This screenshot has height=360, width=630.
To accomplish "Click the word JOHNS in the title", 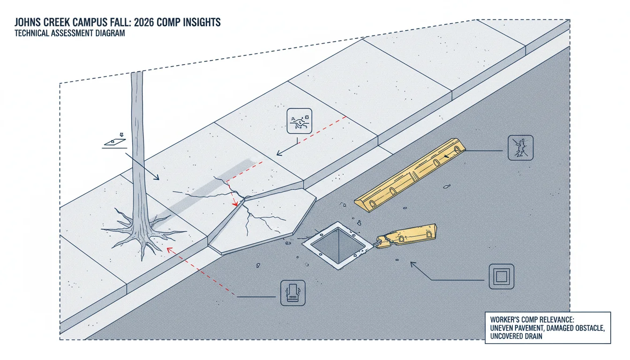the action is [x=29, y=22].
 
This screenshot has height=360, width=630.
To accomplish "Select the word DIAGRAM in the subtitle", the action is [x=110, y=33].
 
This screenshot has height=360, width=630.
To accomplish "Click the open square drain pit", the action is [x=337, y=245].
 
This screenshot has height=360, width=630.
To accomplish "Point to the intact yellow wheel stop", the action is [x=410, y=175].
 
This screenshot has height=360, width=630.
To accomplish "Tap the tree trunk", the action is [x=138, y=146].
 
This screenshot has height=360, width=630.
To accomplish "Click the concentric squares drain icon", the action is [x=502, y=277].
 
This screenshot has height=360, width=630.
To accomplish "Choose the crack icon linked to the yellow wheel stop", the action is [x=521, y=148].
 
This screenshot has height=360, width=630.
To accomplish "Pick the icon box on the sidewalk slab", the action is [x=299, y=121].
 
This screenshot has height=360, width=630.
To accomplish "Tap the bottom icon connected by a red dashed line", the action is [x=293, y=293].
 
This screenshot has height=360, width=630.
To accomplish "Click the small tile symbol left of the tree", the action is [x=115, y=142].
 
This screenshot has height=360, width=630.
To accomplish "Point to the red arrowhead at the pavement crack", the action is [x=235, y=203].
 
